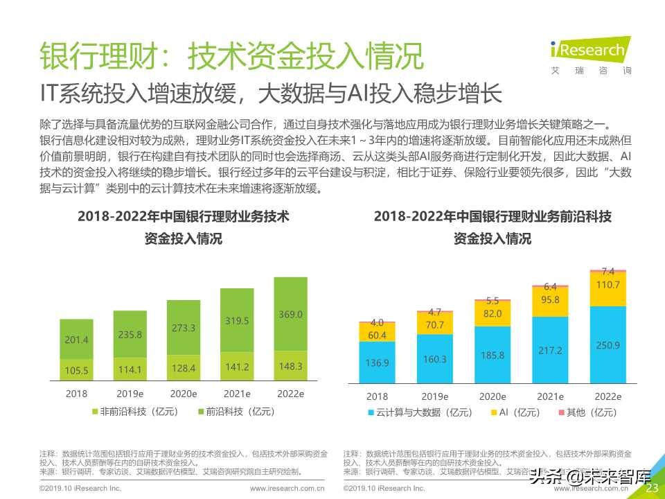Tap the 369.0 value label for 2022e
click(x=291, y=314)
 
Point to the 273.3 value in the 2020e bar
click(x=184, y=328)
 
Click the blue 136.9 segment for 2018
click(x=378, y=362)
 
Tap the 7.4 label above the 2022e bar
click(x=608, y=271)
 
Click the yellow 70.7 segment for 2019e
click(x=435, y=323)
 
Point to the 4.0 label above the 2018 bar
click(x=378, y=322)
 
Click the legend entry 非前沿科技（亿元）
click(x=134, y=412)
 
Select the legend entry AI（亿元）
click(x=515, y=412)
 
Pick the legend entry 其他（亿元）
click(x=586, y=412)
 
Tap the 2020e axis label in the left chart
click(x=184, y=394)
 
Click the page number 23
click(x=651, y=488)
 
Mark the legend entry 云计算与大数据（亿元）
click(x=420, y=412)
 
